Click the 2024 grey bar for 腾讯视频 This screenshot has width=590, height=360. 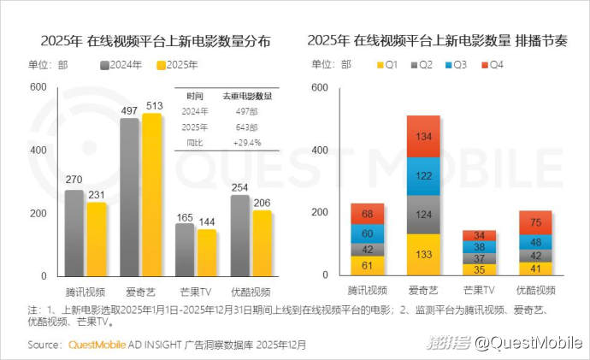[x=74, y=233]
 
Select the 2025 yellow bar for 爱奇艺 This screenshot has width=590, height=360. [x=151, y=194]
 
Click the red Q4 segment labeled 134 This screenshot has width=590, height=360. [x=423, y=137]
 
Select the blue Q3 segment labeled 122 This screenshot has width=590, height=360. [x=423, y=176]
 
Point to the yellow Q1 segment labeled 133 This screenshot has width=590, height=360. [x=423, y=255]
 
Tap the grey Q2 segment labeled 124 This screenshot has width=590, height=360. [x=423, y=215]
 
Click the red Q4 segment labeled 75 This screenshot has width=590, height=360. [x=534, y=222]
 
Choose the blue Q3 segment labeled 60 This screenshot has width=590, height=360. [x=368, y=234]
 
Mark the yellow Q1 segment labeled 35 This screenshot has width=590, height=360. [x=479, y=269]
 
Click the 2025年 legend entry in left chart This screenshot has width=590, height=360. [x=174, y=64]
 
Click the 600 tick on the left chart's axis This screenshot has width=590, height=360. [x=38, y=87]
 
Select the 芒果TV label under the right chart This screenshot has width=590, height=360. [x=479, y=292]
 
